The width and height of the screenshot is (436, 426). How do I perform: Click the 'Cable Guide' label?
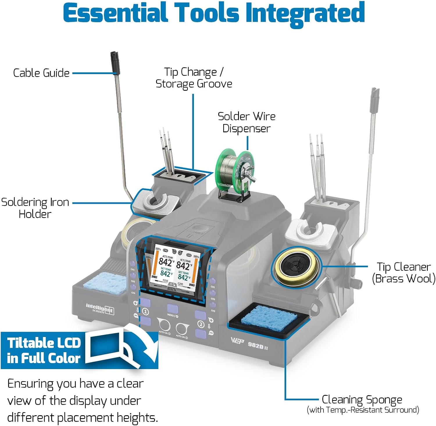point(41,73)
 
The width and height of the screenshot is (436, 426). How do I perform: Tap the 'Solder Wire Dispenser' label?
point(246,122)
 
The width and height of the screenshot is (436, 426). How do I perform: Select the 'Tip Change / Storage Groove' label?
point(194,78)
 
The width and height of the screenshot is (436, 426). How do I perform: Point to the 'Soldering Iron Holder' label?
point(35,208)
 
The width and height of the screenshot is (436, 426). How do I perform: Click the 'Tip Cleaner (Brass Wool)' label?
point(403,272)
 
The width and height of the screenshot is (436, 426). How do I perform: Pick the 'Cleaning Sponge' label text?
point(362,400)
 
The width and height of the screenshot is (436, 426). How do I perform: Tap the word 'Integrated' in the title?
point(305,13)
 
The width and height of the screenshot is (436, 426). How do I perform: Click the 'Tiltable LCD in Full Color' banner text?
point(44,350)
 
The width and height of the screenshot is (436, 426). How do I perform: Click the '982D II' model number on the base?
point(258,345)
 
